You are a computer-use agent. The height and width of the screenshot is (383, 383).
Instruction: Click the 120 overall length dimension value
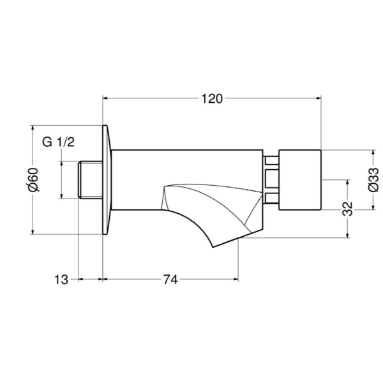click(212, 99)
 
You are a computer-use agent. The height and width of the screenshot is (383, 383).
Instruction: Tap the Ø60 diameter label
click(33, 180)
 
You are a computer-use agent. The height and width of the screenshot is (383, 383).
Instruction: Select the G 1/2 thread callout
click(58, 142)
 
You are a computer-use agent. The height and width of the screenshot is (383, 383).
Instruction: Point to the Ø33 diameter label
click(373, 180)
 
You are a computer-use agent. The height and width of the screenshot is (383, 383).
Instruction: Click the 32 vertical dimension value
click(348, 208)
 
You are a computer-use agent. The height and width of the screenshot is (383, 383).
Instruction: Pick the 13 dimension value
click(61, 280)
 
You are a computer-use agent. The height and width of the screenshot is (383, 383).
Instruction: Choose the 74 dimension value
click(170, 280)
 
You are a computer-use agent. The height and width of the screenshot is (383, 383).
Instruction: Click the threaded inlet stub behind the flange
click(90, 179)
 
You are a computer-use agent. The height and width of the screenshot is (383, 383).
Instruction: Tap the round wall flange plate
click(107, 180)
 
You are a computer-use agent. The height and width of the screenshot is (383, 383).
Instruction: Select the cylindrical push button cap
click(300, 180)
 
